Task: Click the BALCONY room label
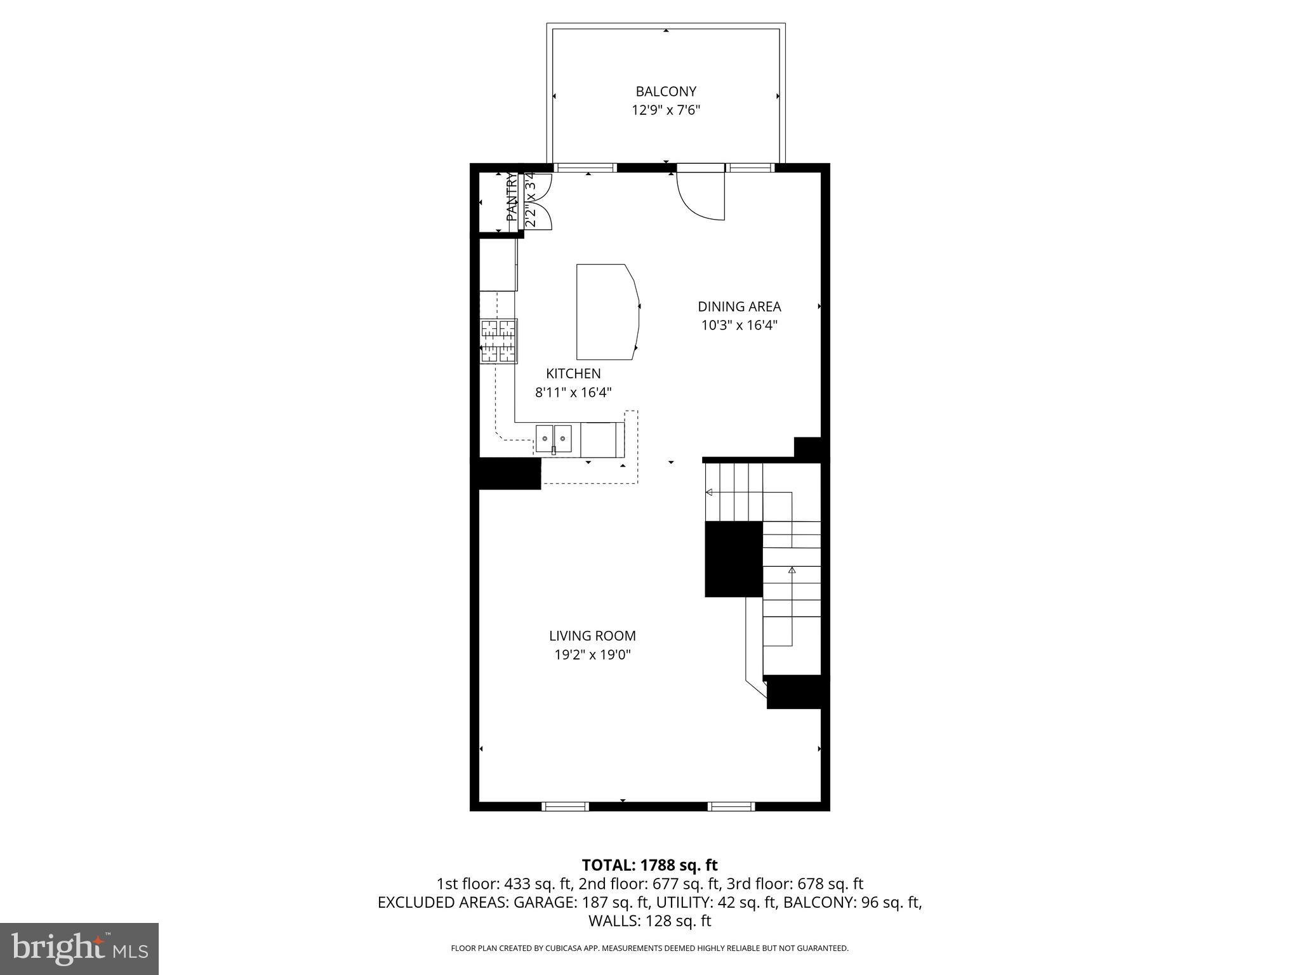tap(666, 91)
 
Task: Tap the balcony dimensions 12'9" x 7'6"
tap(666, 110)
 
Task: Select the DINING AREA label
tap(739, 307)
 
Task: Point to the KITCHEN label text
tap(573, 374)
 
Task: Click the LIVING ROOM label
tap(592, 635)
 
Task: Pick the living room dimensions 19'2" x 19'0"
tap(592, 654)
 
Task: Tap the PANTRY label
tap(512, 198)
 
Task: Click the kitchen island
tap(606, 312)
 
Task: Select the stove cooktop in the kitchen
tap(499, 341)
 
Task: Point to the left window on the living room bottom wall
tap(565, 806)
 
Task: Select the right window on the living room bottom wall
tap(731, 806)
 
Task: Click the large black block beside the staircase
tap(733, 559)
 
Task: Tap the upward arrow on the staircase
tap(792, 570)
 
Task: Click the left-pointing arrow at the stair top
tap(709, 492)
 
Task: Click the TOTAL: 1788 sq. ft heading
tap(649, 865)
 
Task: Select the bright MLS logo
tap(79, 948)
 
